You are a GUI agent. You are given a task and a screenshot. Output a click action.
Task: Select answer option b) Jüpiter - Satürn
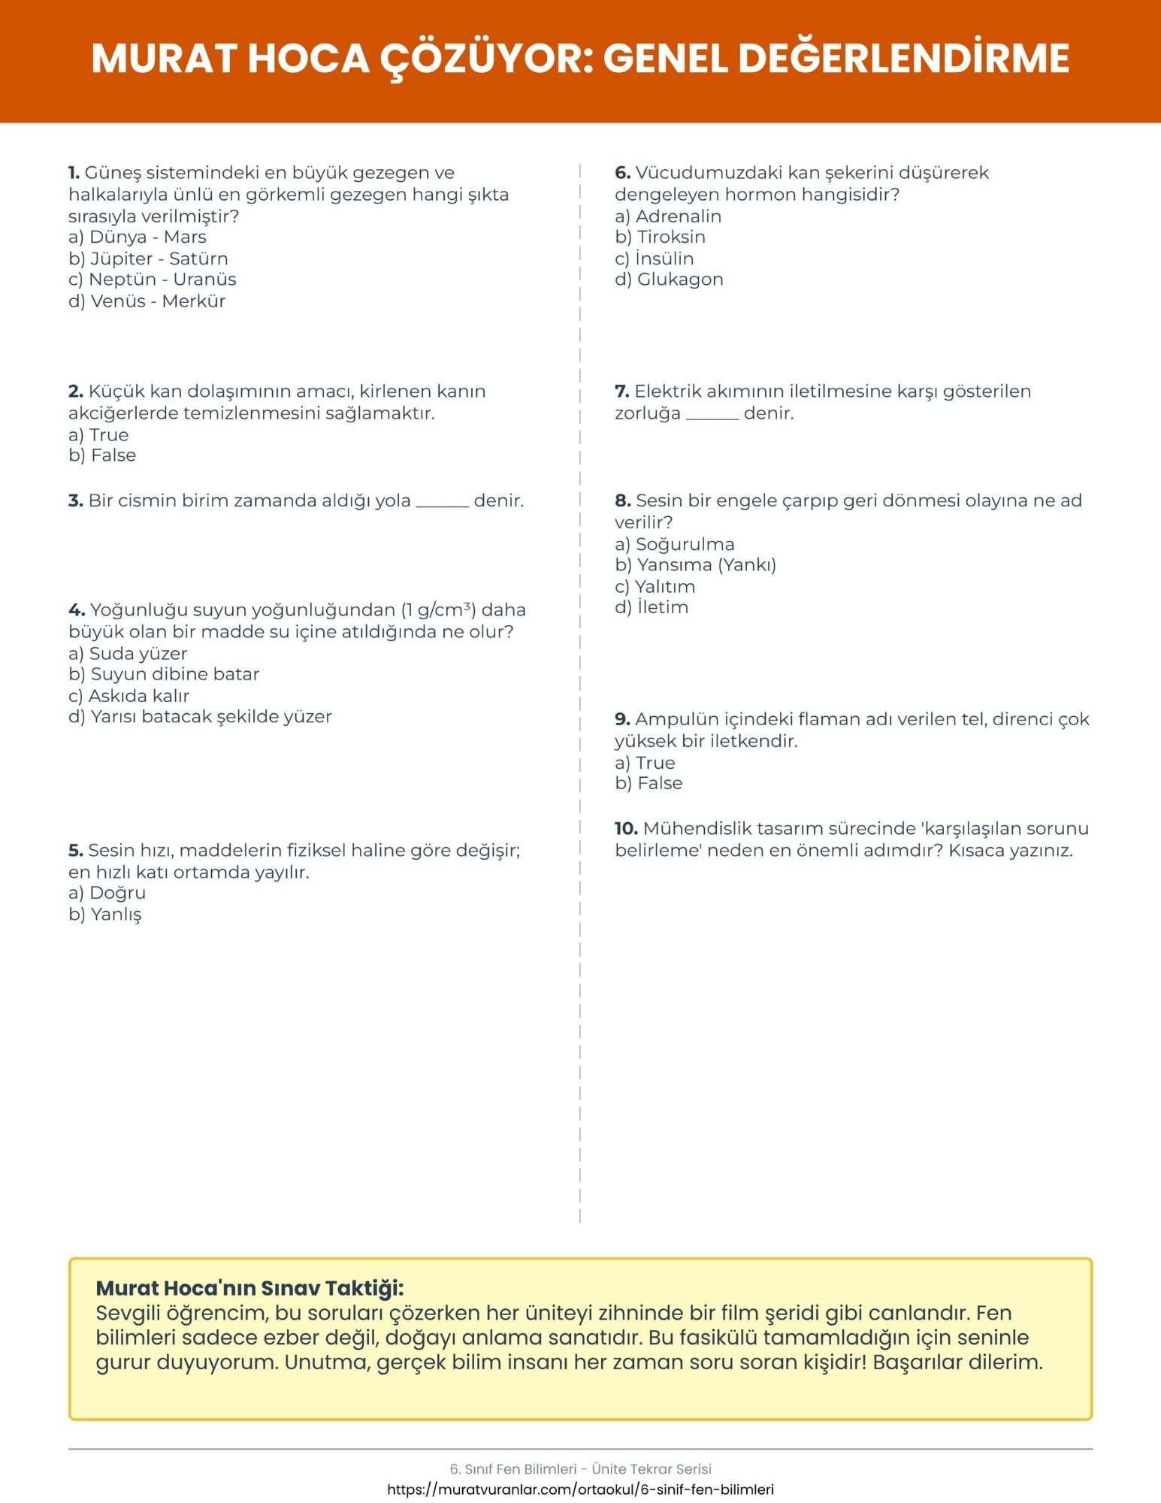(148, 259)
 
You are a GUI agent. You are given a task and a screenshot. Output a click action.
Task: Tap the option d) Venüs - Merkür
(147, 301)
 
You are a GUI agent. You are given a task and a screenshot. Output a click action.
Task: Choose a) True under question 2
(98, 435)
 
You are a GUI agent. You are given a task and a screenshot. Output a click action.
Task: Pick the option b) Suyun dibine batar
(164, 674)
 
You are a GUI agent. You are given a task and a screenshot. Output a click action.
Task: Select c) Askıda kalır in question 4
(128, 696)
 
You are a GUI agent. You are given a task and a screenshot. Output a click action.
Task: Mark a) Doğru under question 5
(107, 893)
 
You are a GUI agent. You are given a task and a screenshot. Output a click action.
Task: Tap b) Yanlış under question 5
(105, 915)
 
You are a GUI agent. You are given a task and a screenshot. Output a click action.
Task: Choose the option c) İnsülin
(654, 259)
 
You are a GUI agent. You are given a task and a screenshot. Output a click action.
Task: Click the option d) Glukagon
(669, 280)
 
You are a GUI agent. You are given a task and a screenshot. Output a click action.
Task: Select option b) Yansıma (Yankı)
(695, 565)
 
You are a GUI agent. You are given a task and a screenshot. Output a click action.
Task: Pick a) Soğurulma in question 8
(674, 544)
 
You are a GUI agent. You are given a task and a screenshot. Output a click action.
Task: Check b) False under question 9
(649, 783)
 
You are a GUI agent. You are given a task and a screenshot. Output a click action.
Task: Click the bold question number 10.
(626, 829)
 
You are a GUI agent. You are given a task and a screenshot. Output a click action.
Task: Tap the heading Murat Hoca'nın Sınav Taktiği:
(250, 1288)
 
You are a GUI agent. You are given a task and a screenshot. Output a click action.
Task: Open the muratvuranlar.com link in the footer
(580, 1489)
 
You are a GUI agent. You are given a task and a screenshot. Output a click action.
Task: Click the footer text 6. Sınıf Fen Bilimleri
(513, 1469)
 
